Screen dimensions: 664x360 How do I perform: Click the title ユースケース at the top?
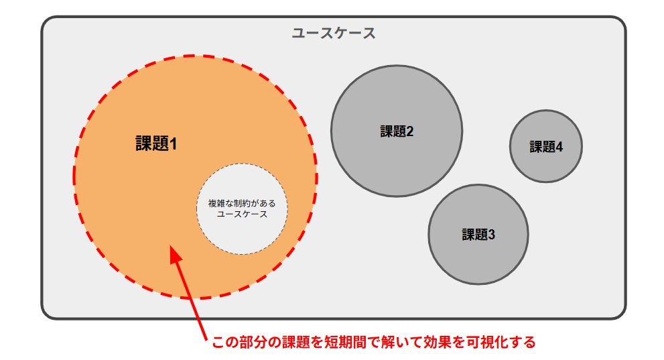[x=334, y=33]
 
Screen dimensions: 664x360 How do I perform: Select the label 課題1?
[x=156, y=143]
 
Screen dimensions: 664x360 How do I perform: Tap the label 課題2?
[x=397, y=131]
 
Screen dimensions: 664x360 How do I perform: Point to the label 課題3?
[x=478, y=235]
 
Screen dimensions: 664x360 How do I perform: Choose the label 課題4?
[x=546, y=147]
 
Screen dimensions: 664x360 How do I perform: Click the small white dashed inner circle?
[x=242, y=235]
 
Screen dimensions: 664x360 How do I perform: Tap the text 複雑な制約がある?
[x=242, y=202]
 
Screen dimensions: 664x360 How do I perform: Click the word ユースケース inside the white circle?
[x=242, y=215]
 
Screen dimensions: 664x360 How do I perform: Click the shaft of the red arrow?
[x=191, y=298]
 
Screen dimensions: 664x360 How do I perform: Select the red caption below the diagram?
[x=373, y=342]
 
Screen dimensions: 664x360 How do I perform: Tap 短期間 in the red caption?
[x=345, y=342]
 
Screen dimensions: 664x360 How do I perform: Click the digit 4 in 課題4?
[x=558, y=147]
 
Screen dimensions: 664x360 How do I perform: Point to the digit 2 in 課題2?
[x=409, y=131]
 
